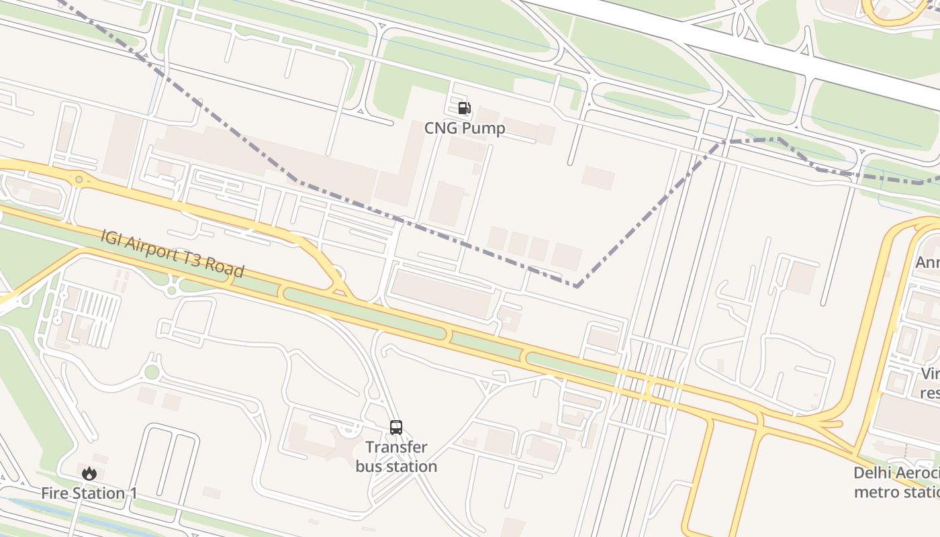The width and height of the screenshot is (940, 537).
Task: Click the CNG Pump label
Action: pos(465,128)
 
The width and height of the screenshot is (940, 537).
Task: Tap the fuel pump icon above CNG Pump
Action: pos(464,108)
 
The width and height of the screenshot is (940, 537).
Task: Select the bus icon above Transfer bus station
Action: pos(396,428)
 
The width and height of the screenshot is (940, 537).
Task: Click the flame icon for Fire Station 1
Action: pos(89,473)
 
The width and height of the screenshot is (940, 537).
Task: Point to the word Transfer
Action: pos(396,447)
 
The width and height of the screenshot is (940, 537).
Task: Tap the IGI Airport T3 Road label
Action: pos(172,253)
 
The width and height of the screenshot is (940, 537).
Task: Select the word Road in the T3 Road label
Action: pos(224,266)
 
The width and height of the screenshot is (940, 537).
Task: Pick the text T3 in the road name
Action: pos(192,258)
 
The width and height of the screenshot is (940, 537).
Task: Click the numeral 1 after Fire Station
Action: pos(133,493)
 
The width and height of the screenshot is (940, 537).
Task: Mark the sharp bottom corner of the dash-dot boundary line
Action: pos(576,287)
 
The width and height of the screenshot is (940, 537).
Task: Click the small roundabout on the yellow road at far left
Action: pos(79,179)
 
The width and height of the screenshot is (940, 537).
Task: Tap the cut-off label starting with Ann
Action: pos(927,262)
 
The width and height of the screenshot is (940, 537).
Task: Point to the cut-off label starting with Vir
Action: pos(930,373)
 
